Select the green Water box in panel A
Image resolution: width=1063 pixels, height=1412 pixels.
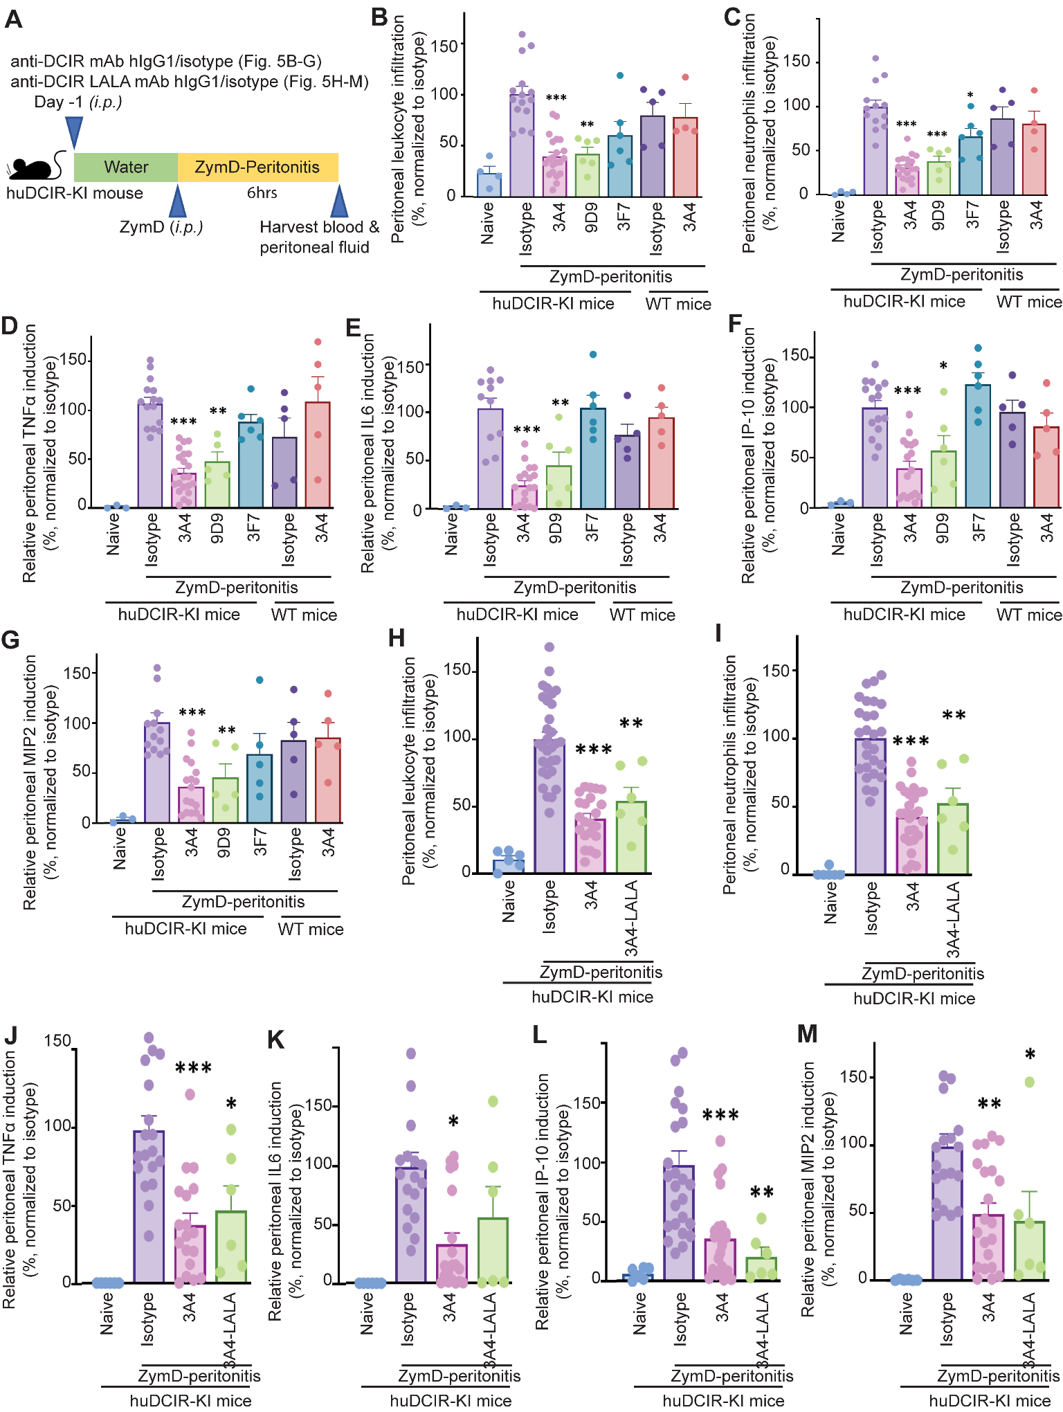[x=126, y=168]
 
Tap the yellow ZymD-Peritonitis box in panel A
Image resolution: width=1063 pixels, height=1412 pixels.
[x=257, y=168]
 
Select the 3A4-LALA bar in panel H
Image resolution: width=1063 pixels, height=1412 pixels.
[x=631, y=837]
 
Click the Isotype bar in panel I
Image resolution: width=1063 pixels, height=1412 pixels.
[x=871, y=806]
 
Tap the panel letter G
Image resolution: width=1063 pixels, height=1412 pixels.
[x=10, y=640]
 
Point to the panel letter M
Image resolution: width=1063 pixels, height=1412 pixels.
[x=807, y=1035]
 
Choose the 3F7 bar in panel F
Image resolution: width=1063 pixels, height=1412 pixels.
[x=978, y=446]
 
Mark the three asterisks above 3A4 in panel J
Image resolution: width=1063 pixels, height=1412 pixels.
[x=193, y=1068]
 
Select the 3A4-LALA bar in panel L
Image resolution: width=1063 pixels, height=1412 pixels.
[x=761, y=1269]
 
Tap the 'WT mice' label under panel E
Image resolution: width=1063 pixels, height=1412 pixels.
[x=642, y=615]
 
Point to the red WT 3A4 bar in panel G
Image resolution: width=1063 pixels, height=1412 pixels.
[x=328, y=780]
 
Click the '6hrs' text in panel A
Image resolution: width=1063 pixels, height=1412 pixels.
[x=262, y=193]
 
